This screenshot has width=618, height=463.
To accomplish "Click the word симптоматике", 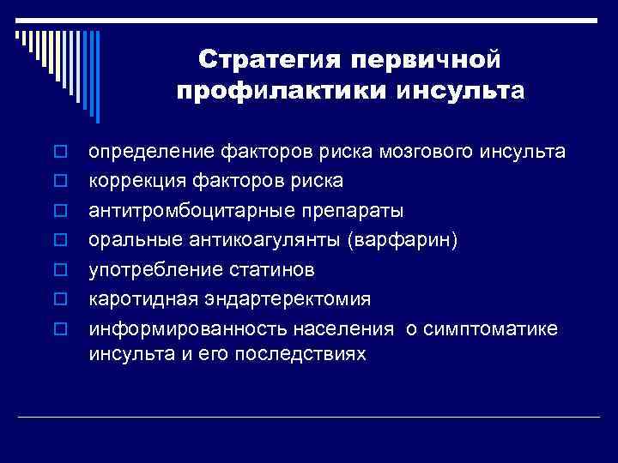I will [499, 328].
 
